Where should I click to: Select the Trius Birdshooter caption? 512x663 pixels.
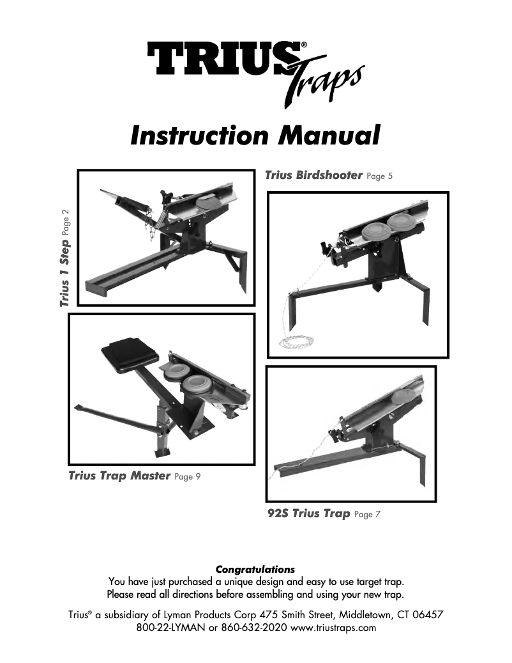pos(313,175)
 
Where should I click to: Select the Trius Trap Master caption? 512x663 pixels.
pos(119,476)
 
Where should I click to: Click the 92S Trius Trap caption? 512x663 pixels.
pos(308,513)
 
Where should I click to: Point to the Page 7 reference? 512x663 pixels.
pos(367,515)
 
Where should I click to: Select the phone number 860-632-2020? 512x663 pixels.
pos(255,628)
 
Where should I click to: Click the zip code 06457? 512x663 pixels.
pos(426,614)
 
